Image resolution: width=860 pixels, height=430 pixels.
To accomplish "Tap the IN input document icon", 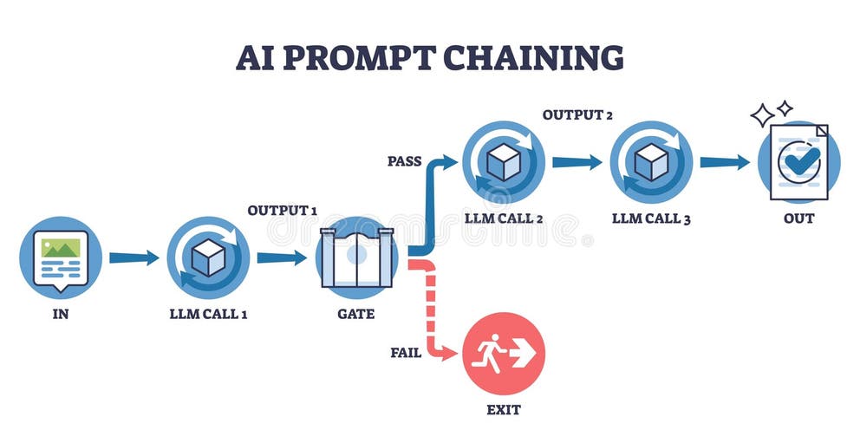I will click(x=61, y=257).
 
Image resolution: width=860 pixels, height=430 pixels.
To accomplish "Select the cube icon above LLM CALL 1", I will click(x=208, y=257).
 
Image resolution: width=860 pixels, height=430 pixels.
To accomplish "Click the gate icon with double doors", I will click(x=356, y=257).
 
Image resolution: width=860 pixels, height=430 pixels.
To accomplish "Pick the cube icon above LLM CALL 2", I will click(x=504, y=162).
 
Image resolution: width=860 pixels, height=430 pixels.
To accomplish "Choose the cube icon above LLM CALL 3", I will click(x=651, y=162).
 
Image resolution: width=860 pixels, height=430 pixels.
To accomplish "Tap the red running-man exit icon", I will click(x=504, y=353).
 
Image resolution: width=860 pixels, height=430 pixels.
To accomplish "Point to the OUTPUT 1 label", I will click(x=283, y=211).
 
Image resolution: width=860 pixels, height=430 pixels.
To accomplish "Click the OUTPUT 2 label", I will click(x=578, y=114).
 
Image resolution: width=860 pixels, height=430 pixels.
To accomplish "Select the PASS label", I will click(x=405, y=161).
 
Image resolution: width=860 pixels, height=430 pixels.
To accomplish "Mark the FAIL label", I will click(x=406, y=353).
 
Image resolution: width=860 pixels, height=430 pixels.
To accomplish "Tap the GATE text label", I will click(x=356, y=314).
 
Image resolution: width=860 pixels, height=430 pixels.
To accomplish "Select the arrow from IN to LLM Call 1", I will click(x=134, y=257).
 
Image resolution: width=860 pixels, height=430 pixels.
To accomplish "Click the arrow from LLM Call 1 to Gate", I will click(x=282, y=257).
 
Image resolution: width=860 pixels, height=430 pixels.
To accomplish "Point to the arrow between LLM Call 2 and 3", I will click(x=577, y=162).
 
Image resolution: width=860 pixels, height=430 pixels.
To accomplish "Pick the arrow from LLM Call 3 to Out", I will click(x=725, y=162).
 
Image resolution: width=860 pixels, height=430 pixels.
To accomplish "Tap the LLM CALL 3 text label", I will click(x=651, y=218).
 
